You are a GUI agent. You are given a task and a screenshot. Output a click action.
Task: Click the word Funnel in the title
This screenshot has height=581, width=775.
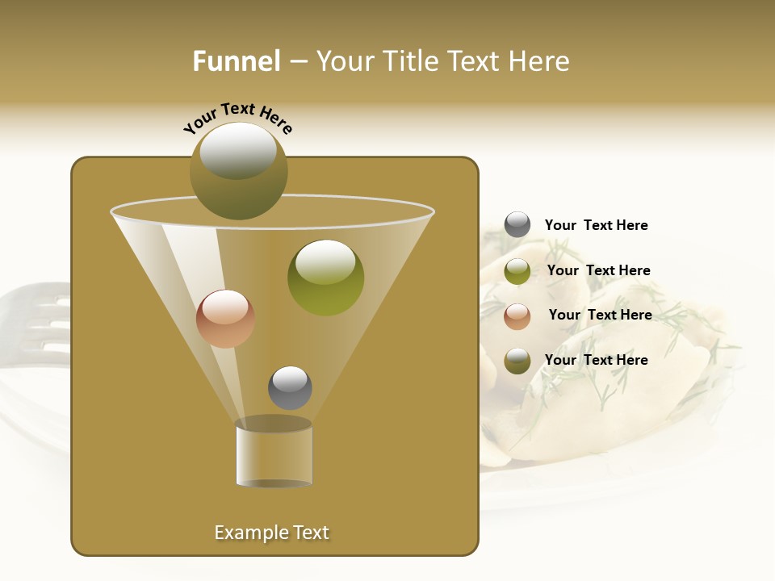236,61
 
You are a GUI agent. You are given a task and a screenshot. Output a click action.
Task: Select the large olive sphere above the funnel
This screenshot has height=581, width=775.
239,170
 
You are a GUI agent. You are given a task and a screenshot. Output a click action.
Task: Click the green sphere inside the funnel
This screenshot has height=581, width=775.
325,277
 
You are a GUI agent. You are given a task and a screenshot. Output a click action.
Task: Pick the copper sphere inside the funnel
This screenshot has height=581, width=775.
225,318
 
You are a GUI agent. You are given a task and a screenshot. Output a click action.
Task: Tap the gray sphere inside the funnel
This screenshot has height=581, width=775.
290,387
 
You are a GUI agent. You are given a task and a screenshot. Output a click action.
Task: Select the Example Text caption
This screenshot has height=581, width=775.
271,533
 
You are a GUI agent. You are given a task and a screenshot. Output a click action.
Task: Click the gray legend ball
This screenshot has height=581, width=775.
517,225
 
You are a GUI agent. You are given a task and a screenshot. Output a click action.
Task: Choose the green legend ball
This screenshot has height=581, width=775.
517,271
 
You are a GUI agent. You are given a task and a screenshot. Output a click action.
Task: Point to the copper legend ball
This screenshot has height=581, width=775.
517,316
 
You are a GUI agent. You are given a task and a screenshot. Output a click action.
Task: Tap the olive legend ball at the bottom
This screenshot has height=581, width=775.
517,361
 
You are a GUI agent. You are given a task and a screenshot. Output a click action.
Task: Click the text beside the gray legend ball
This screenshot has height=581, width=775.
596,225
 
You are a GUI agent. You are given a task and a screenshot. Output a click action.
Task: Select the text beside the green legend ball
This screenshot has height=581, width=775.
598,270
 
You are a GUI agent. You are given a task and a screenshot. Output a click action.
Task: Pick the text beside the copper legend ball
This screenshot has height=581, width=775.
600,315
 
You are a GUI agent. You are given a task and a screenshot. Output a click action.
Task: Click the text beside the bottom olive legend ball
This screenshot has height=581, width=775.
596,360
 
